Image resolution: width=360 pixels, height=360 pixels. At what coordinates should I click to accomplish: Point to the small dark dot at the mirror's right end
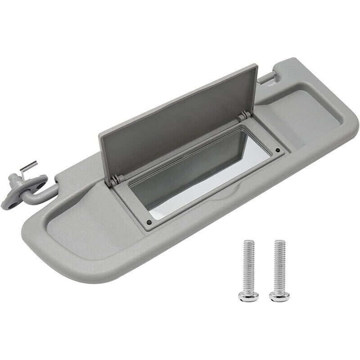click(279, 150)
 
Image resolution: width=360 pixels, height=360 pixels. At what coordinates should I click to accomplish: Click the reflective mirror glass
click(198, 180)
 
